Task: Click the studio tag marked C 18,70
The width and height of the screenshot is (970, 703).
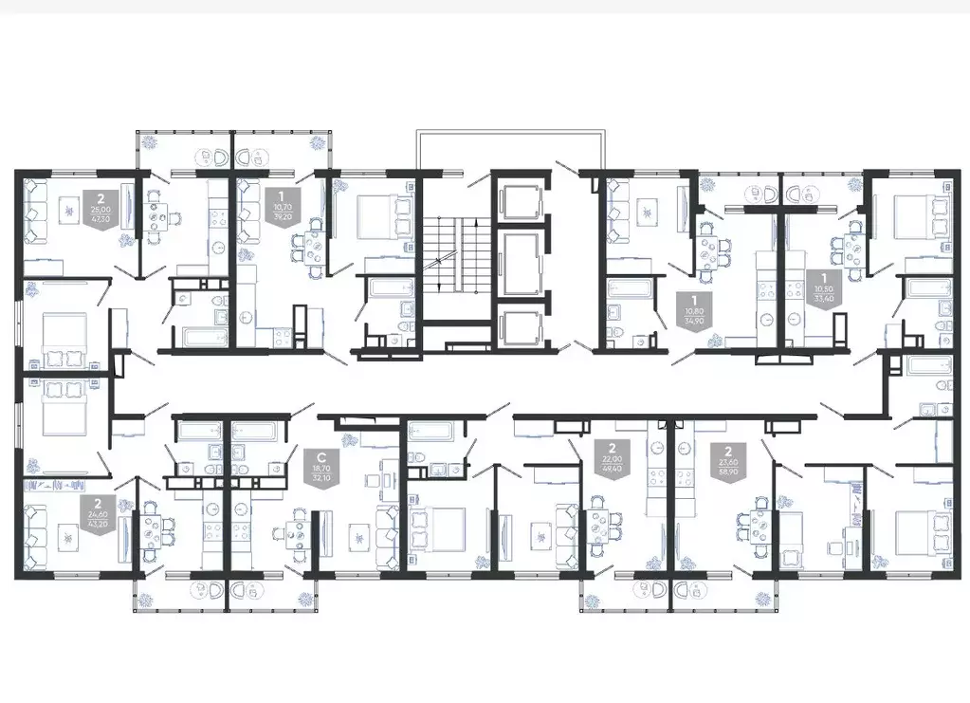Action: [x=320, y=467]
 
